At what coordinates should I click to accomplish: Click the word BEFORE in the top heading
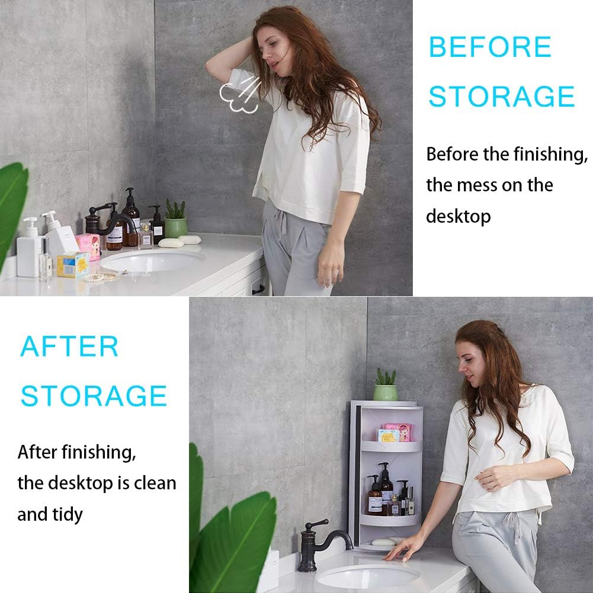click(489, 47)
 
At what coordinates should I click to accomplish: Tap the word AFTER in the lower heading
click(69, 347)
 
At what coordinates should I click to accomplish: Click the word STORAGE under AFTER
click(94, 396)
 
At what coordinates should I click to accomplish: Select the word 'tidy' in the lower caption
click(67, 514)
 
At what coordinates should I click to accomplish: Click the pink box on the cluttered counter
click(88, 246)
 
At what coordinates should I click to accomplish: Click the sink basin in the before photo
click(152, 261)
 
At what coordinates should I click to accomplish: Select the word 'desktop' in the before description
click(458, 216)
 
